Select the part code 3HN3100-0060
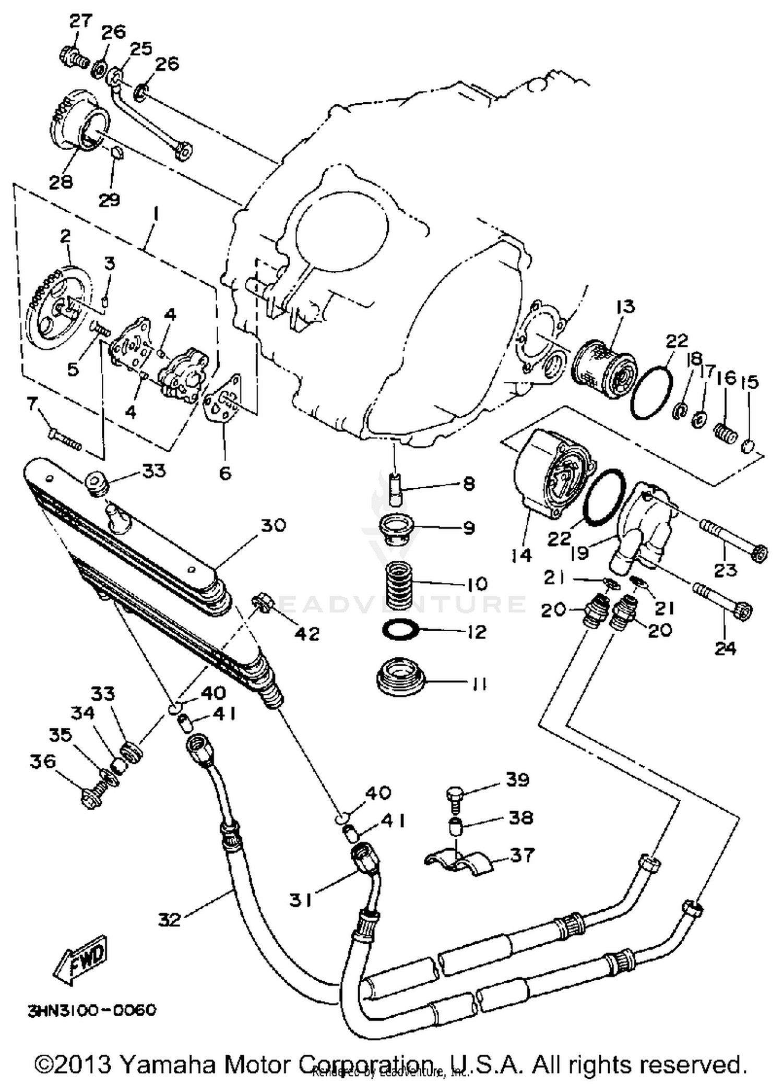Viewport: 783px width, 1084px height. (x=92, y=1010)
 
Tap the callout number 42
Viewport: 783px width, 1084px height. (x=307, y=633)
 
